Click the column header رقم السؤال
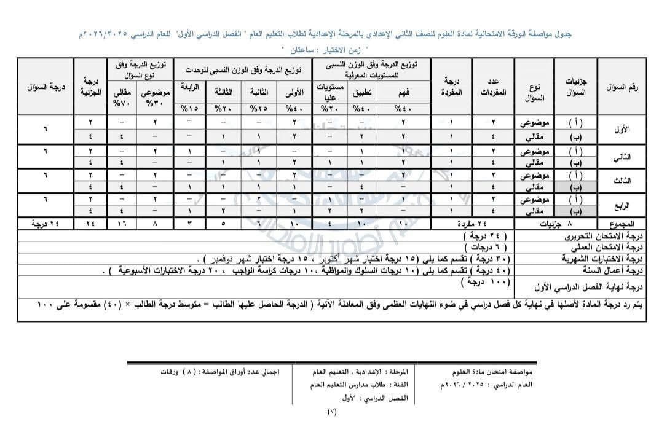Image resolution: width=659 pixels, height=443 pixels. click(622, 87)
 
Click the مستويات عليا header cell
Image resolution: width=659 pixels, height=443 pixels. click(329, 92)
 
